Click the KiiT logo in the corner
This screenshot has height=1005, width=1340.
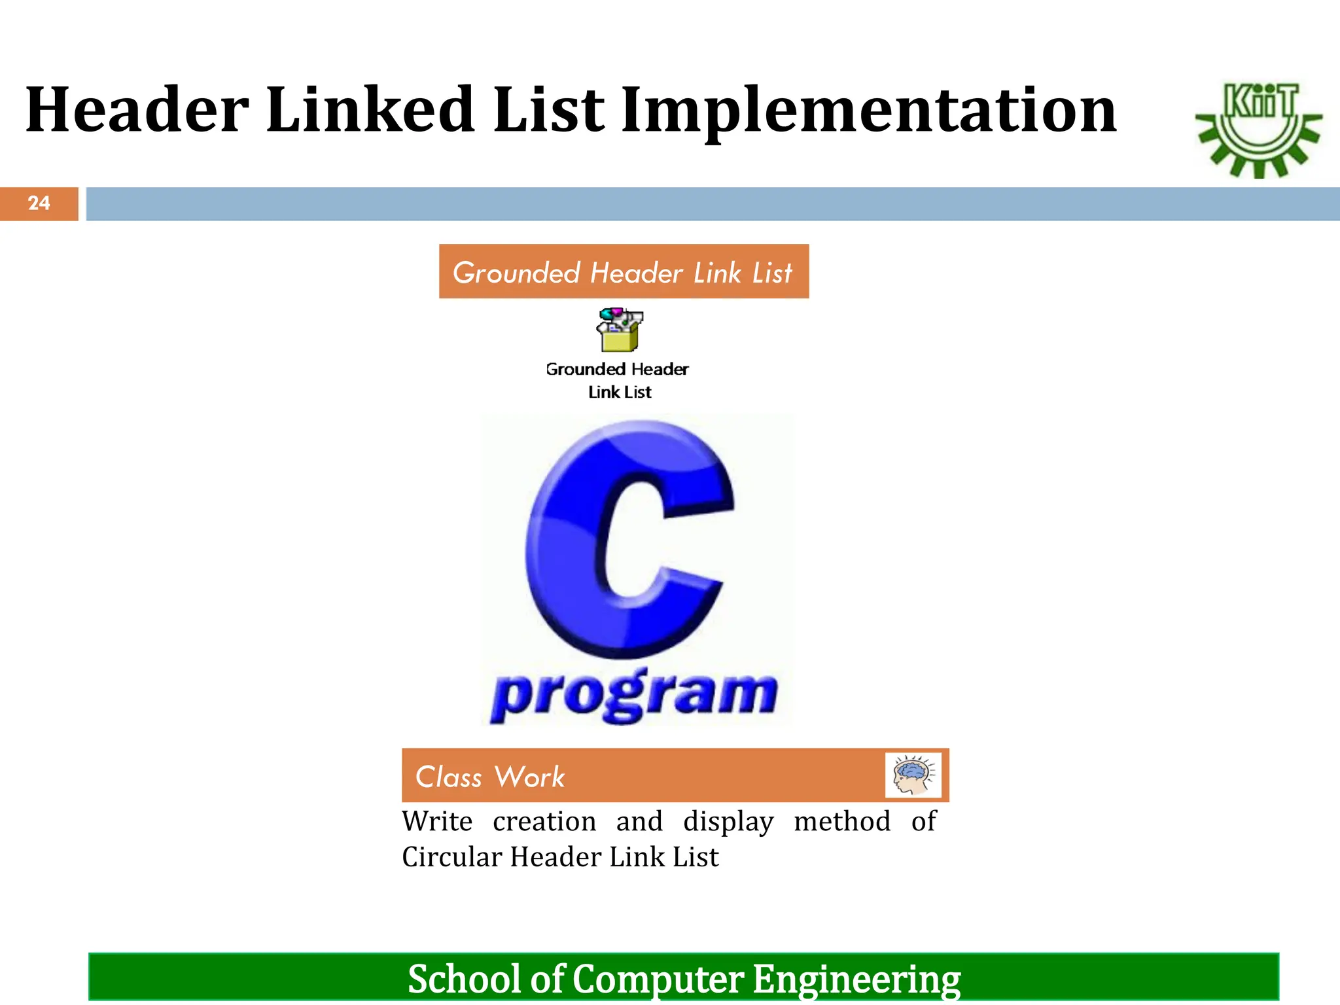tap(1258, 130)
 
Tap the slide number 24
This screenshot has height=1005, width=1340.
tap(39, 203)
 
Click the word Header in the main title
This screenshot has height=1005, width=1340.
tap(137, 110)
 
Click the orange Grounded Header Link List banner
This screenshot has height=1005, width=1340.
tap(624, 272)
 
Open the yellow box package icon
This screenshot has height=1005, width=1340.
tap(619, 330)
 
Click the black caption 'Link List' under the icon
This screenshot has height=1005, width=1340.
tap(620, 392)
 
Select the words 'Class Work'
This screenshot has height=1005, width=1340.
tap(490, 777)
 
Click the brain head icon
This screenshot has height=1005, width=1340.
tap(913, 775)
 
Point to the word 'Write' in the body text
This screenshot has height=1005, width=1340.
tap(437, 822)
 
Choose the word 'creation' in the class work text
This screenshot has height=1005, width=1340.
tap(544, 822)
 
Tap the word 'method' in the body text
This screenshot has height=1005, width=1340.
tap(842, 822)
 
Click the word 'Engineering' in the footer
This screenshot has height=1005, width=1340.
tap(856, 979)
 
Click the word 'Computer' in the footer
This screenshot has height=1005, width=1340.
tap(658, 980)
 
